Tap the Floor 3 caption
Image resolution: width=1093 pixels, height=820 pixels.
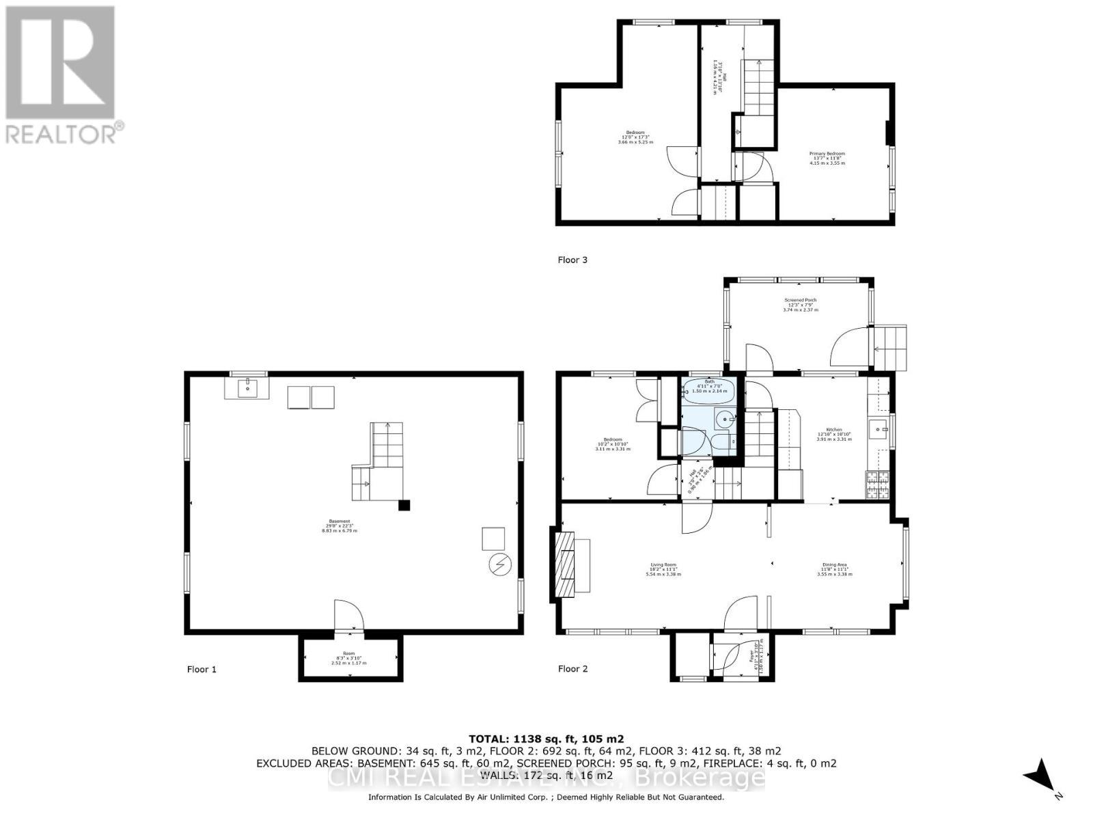(x=572, y=260)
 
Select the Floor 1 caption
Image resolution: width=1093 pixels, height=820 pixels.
(x=202, y=669)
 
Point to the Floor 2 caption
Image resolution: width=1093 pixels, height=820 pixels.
(x=572, y=668)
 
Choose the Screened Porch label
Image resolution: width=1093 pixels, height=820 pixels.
(x=800, y=305)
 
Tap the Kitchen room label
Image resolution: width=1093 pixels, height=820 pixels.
(x=834, y=434)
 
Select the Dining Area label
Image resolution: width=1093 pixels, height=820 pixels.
(x=834, y=569)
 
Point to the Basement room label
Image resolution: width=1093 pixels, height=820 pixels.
(x=340, y=525)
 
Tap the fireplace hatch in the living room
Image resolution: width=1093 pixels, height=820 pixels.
(x=564, y=566)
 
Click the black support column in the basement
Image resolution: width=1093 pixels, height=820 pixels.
(x=404, y=506)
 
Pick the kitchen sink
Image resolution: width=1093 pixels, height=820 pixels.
(x=878, y=430)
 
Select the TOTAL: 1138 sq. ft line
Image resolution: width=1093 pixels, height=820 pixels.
(x=546, y=739)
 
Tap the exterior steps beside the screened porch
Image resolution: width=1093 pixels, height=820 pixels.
(x=891, y=347)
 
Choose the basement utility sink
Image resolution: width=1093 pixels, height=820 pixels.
(x=247, y=389)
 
